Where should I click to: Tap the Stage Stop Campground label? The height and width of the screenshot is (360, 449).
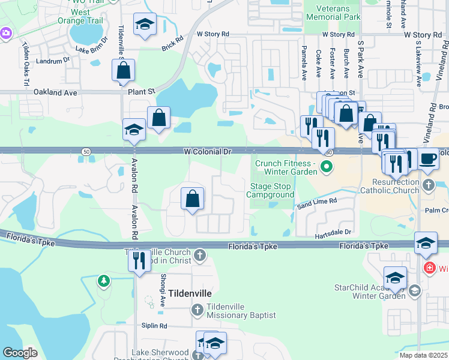point(272,190)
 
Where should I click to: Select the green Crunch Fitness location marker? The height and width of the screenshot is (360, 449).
point(327,167)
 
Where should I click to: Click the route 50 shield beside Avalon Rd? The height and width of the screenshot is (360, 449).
point(88,153)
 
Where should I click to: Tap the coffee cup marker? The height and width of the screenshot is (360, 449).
point(428,159)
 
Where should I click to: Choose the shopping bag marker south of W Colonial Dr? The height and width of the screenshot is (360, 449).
point(192,199)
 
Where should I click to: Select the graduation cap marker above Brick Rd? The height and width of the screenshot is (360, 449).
point(144,25)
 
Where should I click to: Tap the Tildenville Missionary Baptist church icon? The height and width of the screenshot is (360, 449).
point(197,310)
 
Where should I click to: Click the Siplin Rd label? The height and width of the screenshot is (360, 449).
point(155,326)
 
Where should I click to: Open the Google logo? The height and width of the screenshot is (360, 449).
point(20,352)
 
